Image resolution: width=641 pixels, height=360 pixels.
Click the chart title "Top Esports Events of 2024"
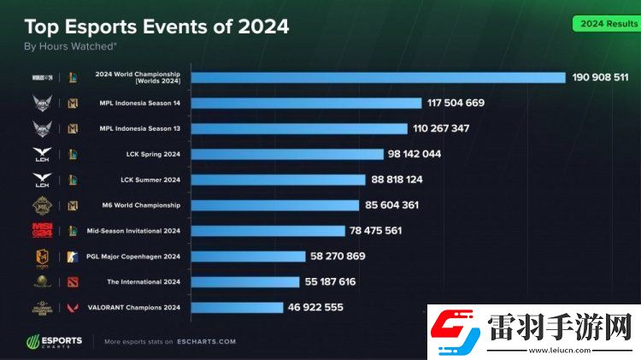pyautogui.click(x=156, y=27)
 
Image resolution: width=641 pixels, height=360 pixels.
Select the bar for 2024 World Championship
pyautogui.click(x=378, y=78)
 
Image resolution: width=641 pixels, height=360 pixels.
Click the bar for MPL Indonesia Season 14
pyautogui.click(x=306, y=103)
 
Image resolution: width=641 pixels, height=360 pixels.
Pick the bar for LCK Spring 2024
pyautogui.click(x=286, y=154)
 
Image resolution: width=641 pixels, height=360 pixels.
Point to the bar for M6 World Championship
pyautogui.click(x=274, y=205)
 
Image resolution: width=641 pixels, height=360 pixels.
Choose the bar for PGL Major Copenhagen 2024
pyautogui.click(x=248, y=256)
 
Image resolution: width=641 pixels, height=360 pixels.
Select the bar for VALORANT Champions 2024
pyautogui.click(x=237, y=307)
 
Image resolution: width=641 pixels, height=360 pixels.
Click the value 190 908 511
pyautogui.click(x=600, y=78)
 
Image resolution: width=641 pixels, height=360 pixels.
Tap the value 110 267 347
pyautogui.click(x=441, y=128)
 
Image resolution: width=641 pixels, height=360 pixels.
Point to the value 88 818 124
pyautogui.click(x=397, y=180)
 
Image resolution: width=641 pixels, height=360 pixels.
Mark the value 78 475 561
pyautogui.click(x=376, y=231)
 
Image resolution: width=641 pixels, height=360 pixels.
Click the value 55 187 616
pyautogui.click(x=331, y=281)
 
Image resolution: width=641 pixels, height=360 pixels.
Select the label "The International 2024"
pyautogui.click(x=144, y=281)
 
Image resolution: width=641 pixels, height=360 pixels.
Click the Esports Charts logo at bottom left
pyautogui.click(x=54, y=341)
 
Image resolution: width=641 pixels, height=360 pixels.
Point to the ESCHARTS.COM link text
pyautogui.click(x=207, y=341)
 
